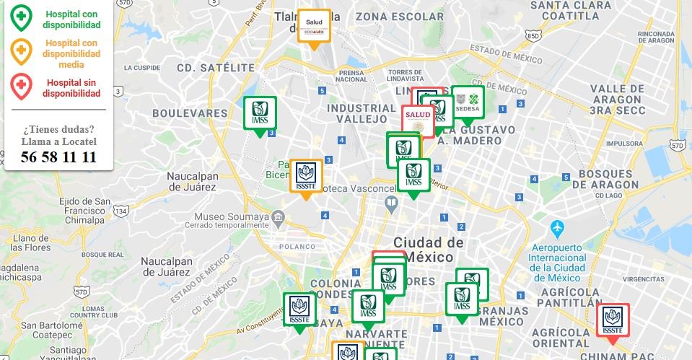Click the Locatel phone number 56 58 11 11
[x=59, y=157]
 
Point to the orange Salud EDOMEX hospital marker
[x=315, y=26]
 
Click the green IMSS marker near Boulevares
[x=260, y=113]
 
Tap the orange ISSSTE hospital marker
[x=306, y=176]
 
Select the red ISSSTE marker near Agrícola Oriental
[x=613, y=320]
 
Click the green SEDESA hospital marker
[x=468, y=102]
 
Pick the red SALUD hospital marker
[x=418, y=120]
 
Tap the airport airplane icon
[x=556, y=228]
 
